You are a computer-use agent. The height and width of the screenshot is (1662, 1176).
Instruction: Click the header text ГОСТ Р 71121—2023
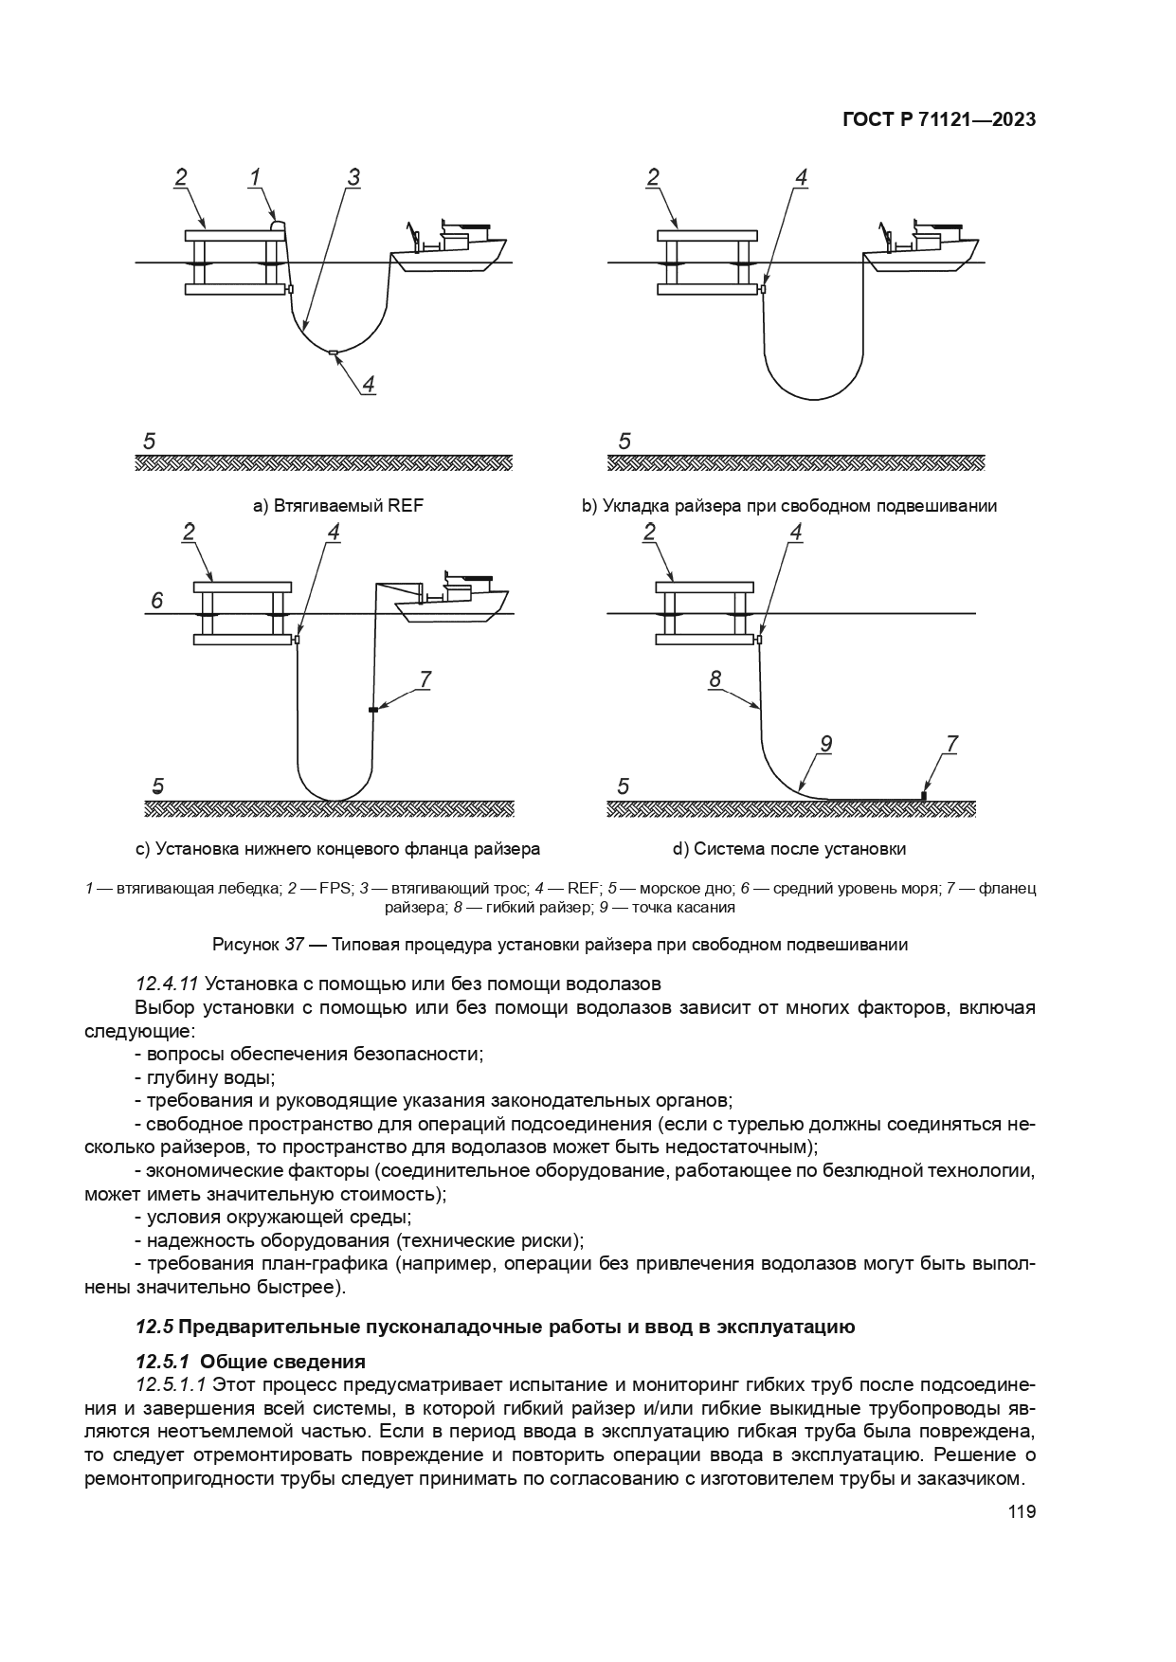click(x=938, y=119)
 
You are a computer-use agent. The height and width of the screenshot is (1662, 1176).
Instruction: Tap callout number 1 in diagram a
click(x=255, y=177)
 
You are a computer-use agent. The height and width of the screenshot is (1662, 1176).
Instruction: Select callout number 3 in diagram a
click(x=353, y=177)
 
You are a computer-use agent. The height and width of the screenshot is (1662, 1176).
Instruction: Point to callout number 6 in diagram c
click(x=157, y=601)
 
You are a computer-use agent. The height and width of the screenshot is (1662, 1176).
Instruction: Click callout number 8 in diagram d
click(x=715, y=678)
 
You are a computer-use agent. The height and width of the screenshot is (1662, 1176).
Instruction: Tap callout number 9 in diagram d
click(x=825, y=745)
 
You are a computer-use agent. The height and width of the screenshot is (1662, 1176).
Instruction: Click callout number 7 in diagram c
click(x=425, y=678)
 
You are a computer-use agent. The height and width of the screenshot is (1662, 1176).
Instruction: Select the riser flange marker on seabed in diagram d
click(x=923, y=795)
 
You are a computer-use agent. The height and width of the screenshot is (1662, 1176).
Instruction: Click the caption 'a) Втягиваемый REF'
click(x=337, y=506)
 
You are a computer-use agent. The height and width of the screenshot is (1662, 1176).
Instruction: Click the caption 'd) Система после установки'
click(x=789, y=848)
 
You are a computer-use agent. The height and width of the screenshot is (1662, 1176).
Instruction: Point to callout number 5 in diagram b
click(x=624, y=442)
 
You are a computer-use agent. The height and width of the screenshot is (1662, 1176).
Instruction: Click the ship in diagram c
click(x=453, y=600)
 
